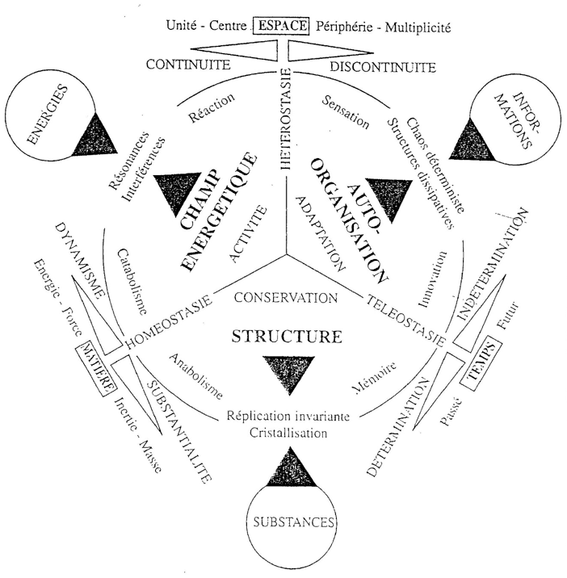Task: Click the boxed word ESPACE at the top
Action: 282,27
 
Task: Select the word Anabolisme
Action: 196,377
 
